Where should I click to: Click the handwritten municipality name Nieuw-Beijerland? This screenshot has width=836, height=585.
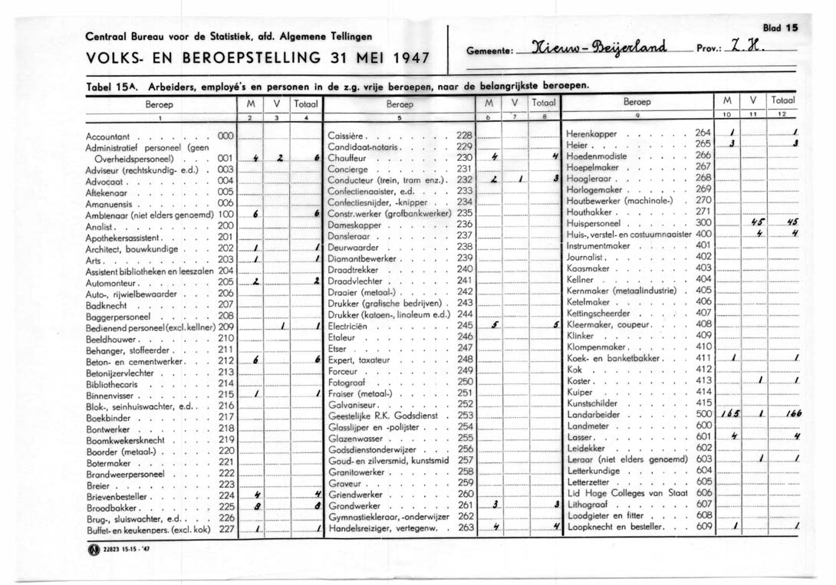(x=601, y=45)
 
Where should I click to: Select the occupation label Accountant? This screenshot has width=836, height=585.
(x=112, y=135)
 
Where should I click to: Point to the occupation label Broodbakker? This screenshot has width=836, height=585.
(x=112, y=508)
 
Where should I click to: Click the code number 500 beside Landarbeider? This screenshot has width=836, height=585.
(x=703, y=413)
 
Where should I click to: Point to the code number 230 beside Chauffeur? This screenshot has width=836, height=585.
(x=464, y=156)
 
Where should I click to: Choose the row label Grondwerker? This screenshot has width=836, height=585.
(x=355, y=505)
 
